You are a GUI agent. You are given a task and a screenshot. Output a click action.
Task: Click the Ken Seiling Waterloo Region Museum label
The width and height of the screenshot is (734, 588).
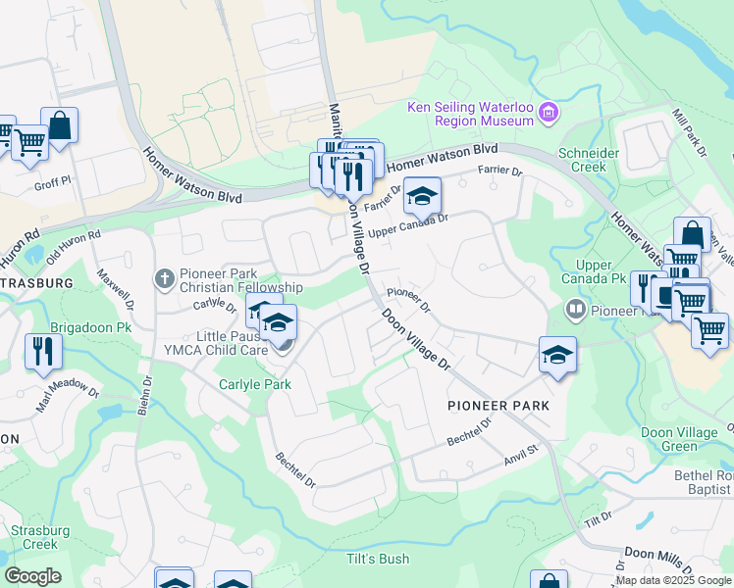[471, 114]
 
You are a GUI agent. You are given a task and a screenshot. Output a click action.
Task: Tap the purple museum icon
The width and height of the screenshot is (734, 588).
[549, 115]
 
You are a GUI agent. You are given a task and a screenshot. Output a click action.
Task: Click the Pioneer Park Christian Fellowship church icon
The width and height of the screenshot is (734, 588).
[165, 279]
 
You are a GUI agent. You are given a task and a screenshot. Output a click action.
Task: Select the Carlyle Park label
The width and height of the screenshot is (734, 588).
[255, 384]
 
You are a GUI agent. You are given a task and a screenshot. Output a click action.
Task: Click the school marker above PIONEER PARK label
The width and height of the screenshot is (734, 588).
[557, 356]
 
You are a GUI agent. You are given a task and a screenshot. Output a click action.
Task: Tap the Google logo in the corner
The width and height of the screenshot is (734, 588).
[32, 576]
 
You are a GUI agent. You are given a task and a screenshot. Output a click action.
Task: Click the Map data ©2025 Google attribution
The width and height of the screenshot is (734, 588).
[674, 580]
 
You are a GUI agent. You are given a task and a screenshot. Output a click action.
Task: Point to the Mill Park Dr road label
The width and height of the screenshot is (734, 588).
[690, 134]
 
